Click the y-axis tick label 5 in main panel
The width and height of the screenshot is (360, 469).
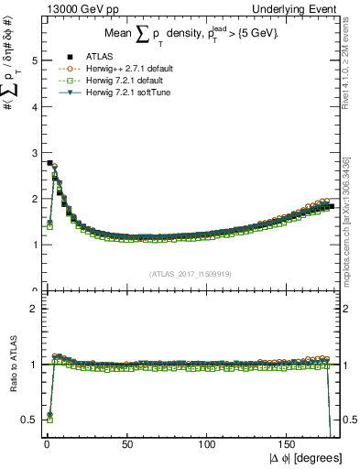(35, 60)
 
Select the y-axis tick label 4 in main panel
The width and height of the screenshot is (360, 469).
(35, 106)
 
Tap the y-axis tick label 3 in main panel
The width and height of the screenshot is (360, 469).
(35, 152)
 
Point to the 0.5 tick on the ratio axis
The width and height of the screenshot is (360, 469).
(31, 419)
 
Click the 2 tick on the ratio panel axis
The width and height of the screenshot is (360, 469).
(35, 309)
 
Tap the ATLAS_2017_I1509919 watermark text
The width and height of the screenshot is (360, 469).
(191, 273)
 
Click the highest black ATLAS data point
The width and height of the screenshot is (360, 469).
(49, 162)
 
